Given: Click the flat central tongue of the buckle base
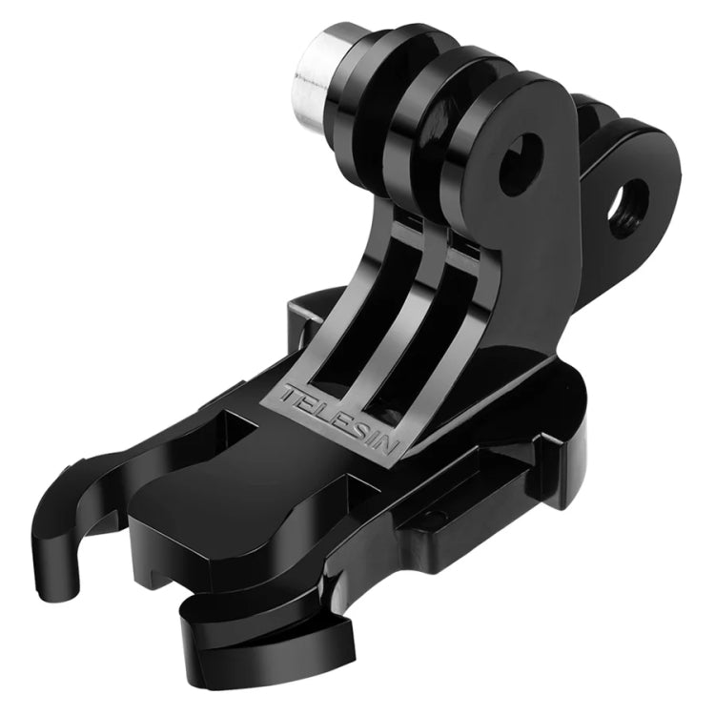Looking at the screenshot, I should click(219, 515).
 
